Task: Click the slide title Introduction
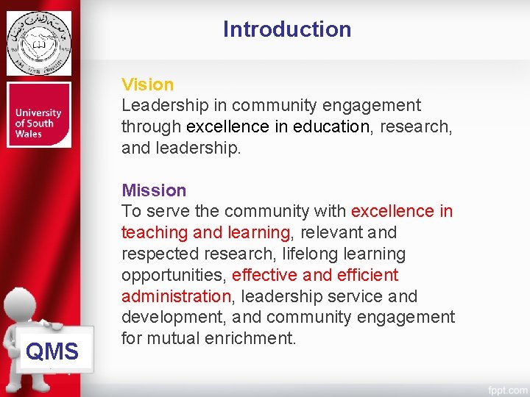tap(287, 29)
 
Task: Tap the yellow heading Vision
tap(148, 85)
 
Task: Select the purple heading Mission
tap(154, 190)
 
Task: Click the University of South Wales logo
tap(39, 115)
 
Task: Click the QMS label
tap(52, 351)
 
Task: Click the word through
tap(152, 126)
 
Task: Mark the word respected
tap(160, 254)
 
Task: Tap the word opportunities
tap(174, 276)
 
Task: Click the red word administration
tap(176, 296)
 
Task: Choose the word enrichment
tap(251, 339)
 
